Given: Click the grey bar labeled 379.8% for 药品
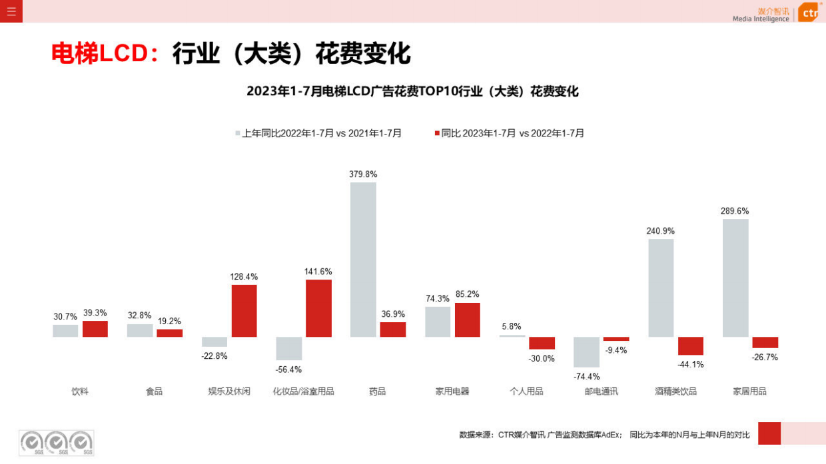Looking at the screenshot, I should click(x=363, y=260).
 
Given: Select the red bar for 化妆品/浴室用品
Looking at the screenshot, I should click(x=318, y=308).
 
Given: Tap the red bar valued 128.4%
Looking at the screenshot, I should click(x=244, y=311).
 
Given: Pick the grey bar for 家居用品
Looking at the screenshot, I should click(x=735, y=278).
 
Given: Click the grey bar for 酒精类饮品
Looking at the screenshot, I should click(x=660, y=288).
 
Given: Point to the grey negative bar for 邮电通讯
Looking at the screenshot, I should click(x=586, y=352).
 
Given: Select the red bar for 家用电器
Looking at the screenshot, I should click(x=467, y=320).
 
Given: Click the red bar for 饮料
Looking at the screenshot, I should click(x=95, y=329).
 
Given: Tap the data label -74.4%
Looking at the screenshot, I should click(x=586, y=377).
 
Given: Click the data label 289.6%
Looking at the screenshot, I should click(x=734, y=211).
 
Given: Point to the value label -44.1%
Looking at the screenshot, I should click(x=691, y=364).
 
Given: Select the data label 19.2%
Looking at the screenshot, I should click(x=169, y=321).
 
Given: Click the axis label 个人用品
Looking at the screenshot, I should click(x=526, y=391).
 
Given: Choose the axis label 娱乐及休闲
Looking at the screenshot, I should click(x=229, y=391).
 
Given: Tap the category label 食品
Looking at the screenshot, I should click(x=154, y=391).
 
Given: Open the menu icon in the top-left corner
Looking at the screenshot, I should click(x=11, y=11).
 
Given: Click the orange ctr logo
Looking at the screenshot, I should click(x=808, y=12).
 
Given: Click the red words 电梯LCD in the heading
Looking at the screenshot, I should click(x=100, y=54).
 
